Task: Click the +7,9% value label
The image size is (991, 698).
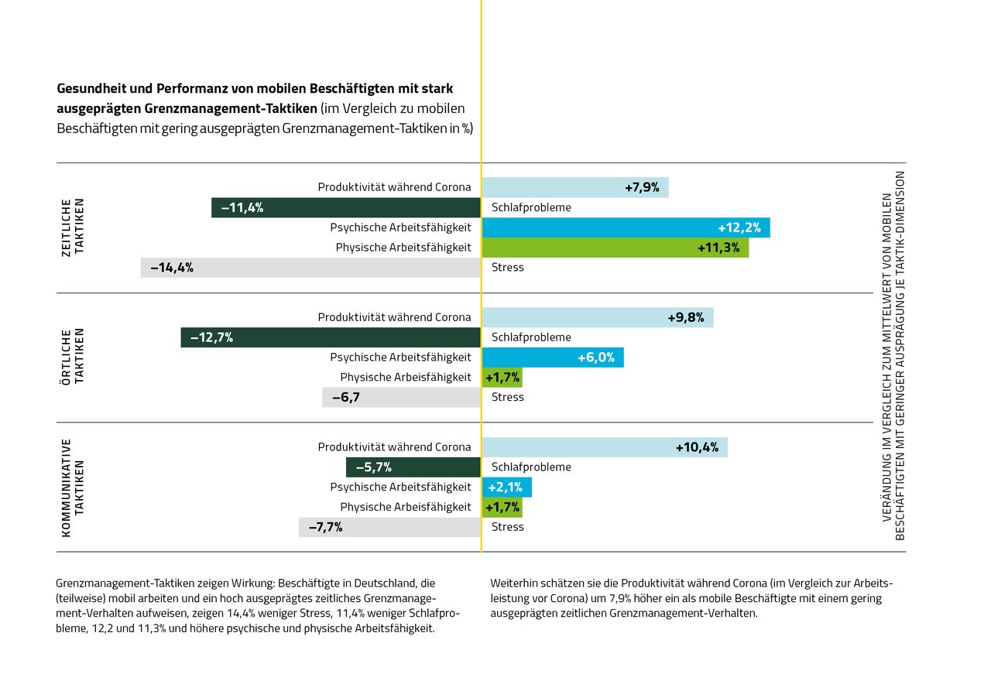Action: (642, 187)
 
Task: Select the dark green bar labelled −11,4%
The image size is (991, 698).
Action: (346, 207)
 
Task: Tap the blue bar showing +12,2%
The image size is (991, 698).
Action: (626, 228)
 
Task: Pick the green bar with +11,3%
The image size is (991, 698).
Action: (615, 248)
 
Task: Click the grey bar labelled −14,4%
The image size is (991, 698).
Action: (310, 268)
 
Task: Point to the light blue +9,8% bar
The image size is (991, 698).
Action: (597, 317)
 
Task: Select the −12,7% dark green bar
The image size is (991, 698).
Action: (331, 337)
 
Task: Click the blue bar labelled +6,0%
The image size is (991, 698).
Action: (552, 358)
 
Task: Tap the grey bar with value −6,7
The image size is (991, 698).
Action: (402, 398)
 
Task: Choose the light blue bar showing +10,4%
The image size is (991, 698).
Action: (605, 447)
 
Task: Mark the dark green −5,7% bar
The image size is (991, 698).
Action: (413, 467)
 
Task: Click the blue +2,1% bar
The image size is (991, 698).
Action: (506, 488)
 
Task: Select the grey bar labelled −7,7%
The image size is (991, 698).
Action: (389, 528)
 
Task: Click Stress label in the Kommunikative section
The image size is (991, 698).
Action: (508, 527)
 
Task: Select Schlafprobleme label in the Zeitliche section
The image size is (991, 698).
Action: (531, 207)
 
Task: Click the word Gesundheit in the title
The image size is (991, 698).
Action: (92, 88)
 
